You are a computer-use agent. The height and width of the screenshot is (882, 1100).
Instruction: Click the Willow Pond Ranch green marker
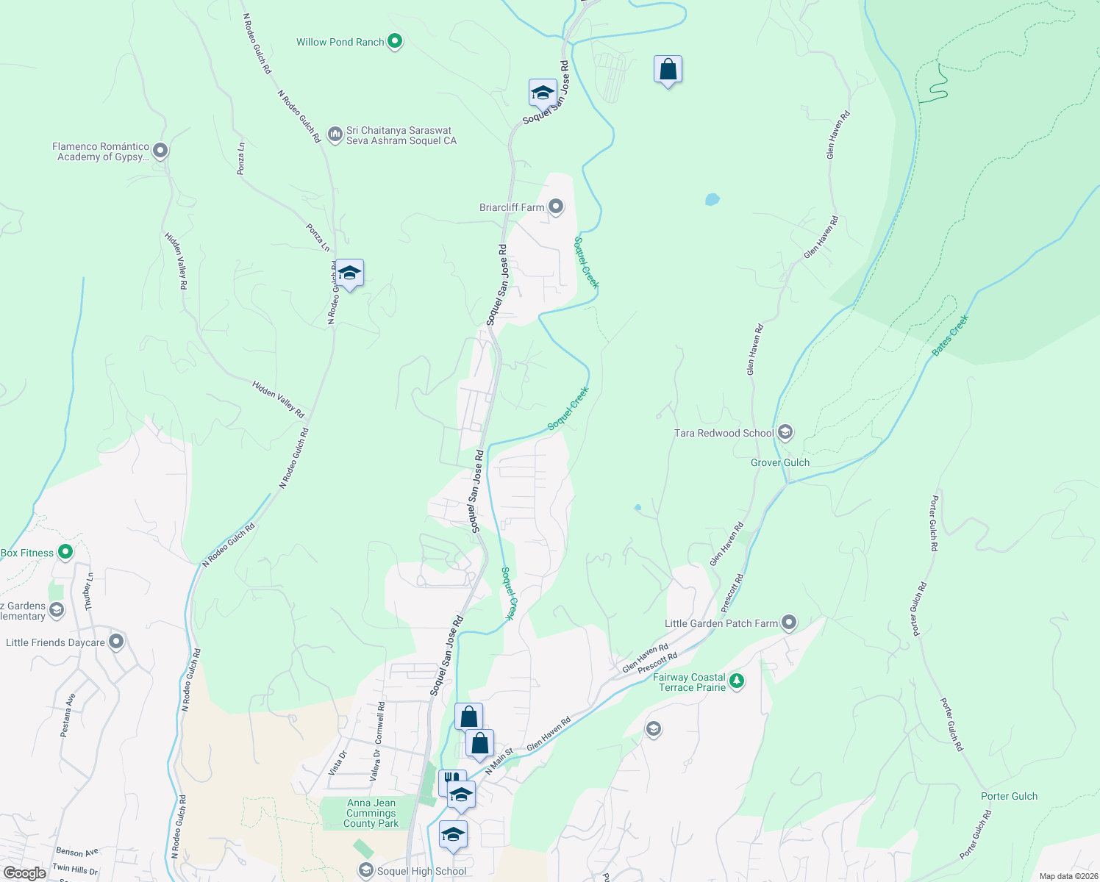tap(395, 41)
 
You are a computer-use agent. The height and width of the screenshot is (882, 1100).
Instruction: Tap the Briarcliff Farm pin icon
tap(556, 207)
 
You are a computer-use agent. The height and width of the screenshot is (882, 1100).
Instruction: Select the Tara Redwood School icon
tap(785, 432)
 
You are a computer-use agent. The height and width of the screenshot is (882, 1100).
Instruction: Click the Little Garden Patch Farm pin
tap(789, 623)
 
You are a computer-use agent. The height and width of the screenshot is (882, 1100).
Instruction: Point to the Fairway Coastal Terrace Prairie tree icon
tap(736, 681)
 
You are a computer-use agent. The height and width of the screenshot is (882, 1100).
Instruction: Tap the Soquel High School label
tap(421, 871)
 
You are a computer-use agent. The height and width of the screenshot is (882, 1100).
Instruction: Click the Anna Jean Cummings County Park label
tap(371, 814)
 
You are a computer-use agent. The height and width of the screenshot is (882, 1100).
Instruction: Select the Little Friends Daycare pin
tap(116, 642)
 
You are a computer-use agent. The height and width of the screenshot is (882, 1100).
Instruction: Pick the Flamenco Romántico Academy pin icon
tap(160, 151)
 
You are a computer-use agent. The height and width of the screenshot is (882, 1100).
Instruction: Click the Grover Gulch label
tap(780, 462)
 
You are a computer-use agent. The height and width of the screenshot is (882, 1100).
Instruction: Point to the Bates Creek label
tap(951, 336)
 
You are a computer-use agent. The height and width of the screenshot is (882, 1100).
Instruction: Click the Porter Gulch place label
tap(1009, 796)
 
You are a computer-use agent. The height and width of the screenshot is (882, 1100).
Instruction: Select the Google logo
tap(25, 872)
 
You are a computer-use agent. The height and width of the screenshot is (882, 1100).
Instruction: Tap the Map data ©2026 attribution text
tap(1068, 876)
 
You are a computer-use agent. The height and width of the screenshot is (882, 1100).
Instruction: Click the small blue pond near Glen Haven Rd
tap(712, 199)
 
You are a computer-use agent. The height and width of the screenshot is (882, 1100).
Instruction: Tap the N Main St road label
tap(498, 760)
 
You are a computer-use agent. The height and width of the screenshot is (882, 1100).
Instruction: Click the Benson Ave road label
tap(77, 853)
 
